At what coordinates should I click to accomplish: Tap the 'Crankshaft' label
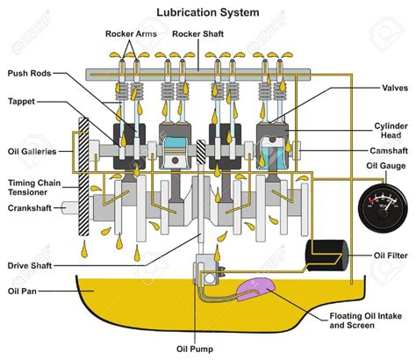point(31,208)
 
